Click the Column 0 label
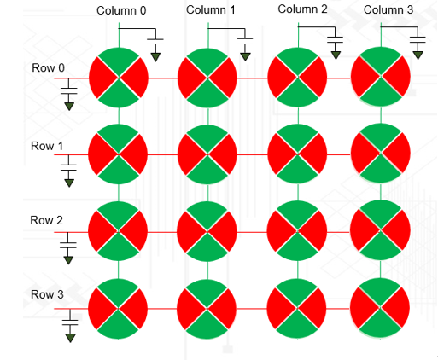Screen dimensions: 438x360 pos(121,10)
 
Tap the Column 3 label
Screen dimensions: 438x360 pos(388,9)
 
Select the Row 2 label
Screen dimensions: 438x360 pos(46,220)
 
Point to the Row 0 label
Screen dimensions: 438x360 pos(48,67)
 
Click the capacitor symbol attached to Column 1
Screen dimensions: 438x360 pos(245,42)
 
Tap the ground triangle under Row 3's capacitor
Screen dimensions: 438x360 pos(70,338)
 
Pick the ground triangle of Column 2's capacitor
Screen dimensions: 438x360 pos(336,55)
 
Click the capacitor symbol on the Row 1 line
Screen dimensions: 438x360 pos(68,167)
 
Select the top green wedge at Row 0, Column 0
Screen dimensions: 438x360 pos(119,61)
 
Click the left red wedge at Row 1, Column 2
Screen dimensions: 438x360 pos(280,154)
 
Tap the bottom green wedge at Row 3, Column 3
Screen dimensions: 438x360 pos(380,324)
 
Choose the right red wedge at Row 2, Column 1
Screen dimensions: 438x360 pos(224,231)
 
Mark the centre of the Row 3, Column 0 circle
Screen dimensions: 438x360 pos(118,309)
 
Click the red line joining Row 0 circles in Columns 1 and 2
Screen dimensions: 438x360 pos(252,78)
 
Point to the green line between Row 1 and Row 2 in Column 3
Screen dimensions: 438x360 pos(381,191)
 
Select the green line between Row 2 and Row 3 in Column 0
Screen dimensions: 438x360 pos(119,270)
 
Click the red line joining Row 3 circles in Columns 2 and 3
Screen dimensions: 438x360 pos(338,309)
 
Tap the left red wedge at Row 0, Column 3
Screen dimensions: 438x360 pos(365,77)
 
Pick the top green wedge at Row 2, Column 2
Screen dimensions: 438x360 pos(297,214)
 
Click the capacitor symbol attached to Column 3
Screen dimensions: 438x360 pos(418,40)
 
